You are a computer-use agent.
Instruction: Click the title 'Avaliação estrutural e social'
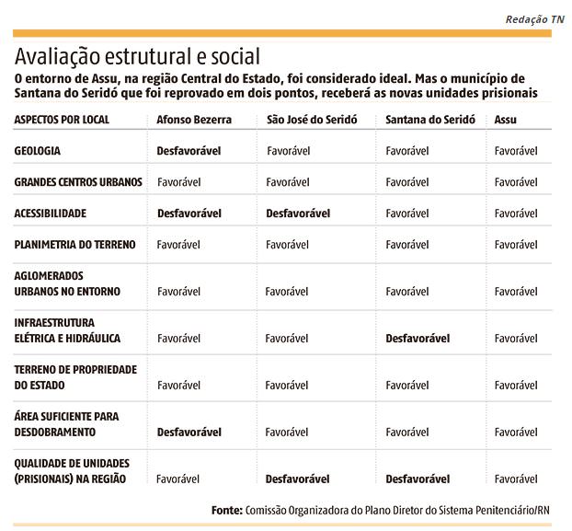pyautogui.click(x=137, y=57)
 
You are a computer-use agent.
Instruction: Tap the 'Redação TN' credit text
pyautogui.click(x=535, y=19)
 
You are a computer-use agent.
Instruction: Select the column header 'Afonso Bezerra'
pyautogui.click(x=194, y=120)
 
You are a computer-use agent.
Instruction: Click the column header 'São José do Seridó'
pyautogui.click(x=312, y=120)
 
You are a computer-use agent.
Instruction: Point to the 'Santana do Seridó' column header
pyautogui.click(x=430, y=120)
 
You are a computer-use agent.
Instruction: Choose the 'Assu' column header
pyautogui.click(x=505, y=120)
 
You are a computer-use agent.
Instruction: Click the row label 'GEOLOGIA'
pyautogui.click(x=37, y=151)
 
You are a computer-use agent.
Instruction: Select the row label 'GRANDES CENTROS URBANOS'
pyautogui.click(x=78, y=182)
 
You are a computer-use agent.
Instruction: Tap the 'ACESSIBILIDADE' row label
pyautogui.click(x=51, y=214)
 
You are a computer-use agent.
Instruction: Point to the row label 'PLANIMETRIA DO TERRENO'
pyautogui.click(x=74, y=245)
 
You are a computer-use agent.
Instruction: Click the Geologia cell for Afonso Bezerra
pyautogui.click(x=189, y=151)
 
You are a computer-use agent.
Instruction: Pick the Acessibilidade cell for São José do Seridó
pyautogui.click(x=298, y=214)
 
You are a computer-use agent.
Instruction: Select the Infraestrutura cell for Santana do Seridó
pyautogui.click(x=418, y=339)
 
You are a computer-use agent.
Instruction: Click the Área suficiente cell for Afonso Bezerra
pyautogui.click(x=189, y=433)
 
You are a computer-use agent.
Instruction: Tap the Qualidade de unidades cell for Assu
pyautogui.click(x=516, y=479)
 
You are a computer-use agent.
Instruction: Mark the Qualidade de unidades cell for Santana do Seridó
pyautogui.click(x=418, y=479)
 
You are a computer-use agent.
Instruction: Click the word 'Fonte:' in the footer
pyautogui.click(x=227, y=510)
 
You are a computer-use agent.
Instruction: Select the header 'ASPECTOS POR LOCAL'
pyautogui.click(x=62, y=120)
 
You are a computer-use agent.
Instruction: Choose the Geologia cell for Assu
pyautogui.click(x=516, y=151)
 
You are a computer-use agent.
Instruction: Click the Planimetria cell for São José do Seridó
pyautogui.click(x=287, y=245)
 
